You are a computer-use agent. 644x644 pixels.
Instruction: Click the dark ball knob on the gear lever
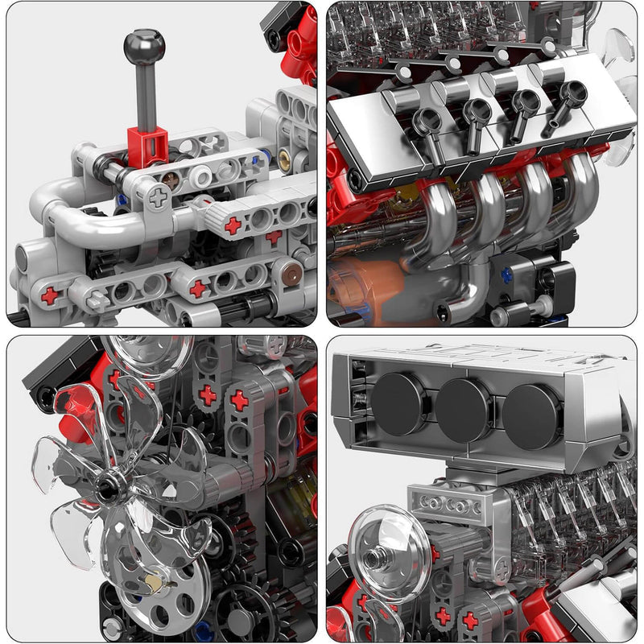(144, 47)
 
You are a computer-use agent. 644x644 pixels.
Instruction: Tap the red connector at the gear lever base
(147, 146)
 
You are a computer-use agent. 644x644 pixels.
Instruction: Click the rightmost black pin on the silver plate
(571, 94)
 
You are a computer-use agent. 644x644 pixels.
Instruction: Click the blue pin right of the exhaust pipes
(507, 275)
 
